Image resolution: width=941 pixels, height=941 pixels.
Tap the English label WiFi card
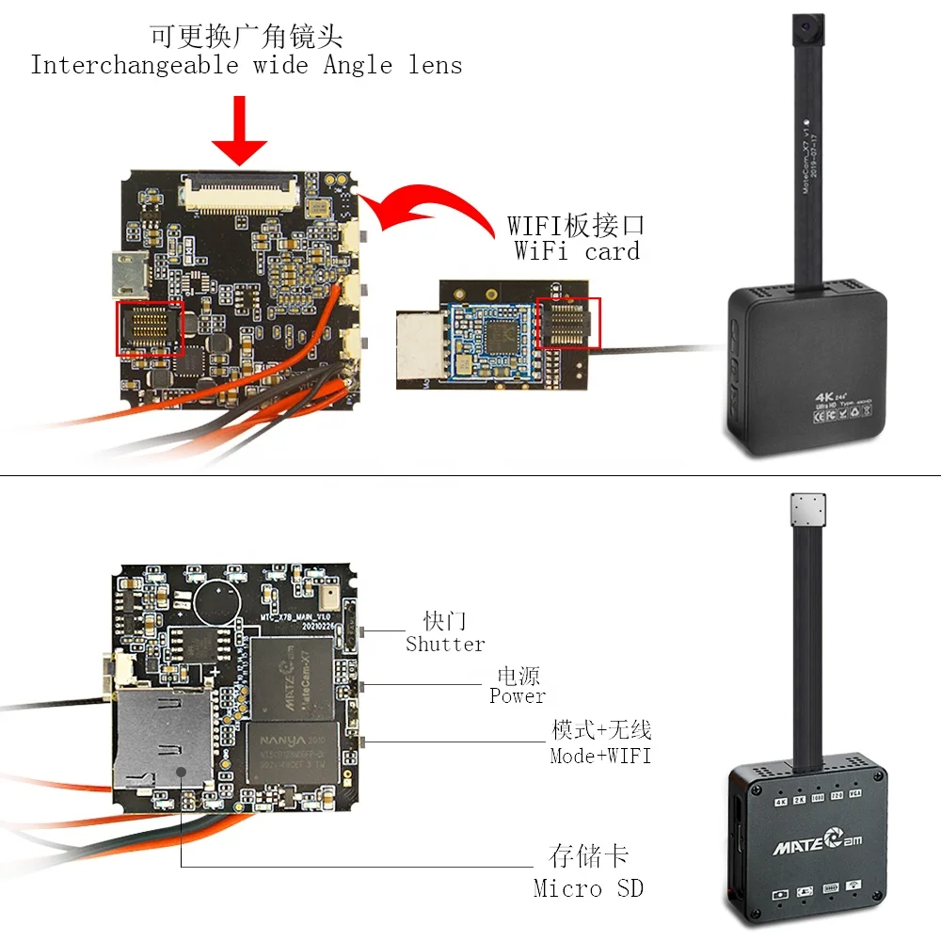point(576,251)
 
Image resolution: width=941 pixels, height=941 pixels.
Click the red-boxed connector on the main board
point(149,328)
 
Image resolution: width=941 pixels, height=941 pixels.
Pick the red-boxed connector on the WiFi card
point(567,323)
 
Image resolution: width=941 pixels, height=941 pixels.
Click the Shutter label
point(445,645)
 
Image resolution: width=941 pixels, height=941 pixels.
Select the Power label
point(517,696)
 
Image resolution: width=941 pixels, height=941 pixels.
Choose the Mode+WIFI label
point(600,756)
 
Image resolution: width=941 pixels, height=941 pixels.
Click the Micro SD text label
point(588,887)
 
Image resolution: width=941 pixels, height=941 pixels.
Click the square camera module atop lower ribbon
point(807,514)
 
